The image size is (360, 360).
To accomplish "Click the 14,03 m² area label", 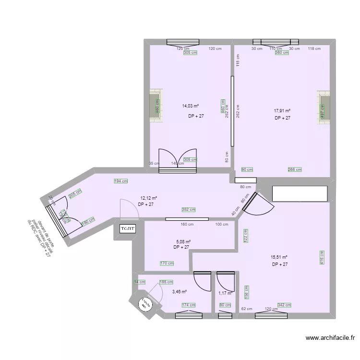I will click(191, 107).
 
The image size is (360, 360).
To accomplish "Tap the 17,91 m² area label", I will click(282, 110).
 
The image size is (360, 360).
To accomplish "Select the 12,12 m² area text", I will click(149, 198).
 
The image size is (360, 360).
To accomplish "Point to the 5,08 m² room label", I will click(183, 242).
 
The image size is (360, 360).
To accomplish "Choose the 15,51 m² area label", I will click(279, 257).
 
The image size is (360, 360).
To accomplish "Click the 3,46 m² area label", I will click(179, 291).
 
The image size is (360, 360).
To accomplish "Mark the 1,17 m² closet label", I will click(225, 293).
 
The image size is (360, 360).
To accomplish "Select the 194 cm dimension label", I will click(121, 181).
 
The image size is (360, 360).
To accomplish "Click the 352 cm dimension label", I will click(189, 209).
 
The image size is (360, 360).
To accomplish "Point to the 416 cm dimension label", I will click(322, 257).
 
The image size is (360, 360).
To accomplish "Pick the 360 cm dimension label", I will click(282, 53).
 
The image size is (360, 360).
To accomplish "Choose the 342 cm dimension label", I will click(284, 305).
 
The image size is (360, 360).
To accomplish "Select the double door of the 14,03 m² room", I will click(178, 161).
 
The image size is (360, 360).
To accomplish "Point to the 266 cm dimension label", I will click(295, 169).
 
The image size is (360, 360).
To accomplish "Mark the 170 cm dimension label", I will click(167, 263).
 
